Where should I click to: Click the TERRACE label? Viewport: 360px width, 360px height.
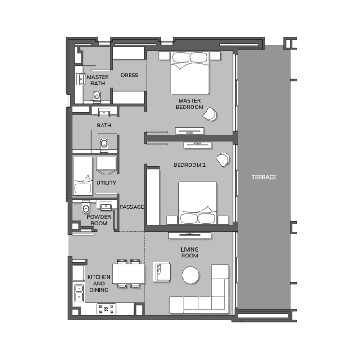(264, 177)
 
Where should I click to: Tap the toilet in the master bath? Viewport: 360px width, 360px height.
(97, 96)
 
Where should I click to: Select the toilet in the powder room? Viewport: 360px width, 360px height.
(85, 208)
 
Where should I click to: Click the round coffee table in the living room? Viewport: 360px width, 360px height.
(190, 275)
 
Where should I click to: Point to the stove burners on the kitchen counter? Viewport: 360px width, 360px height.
(106, 309)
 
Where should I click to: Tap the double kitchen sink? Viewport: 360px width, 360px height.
(79, 293)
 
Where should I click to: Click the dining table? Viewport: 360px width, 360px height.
(129, 274)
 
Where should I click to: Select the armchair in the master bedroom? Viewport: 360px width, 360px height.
(210, 114)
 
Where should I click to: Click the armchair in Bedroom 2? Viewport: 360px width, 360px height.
(223, 159)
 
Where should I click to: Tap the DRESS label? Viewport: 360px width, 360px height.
(130, 75)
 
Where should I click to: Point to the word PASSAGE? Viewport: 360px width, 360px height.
(131, 207)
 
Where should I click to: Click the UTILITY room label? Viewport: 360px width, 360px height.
(106, 183)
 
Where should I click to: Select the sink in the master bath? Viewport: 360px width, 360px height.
(81, 79)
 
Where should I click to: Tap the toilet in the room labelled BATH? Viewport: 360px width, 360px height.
(104, 145)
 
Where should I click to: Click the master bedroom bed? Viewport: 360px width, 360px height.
(189, 72)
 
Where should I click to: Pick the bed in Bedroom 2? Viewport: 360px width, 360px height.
(198, 203)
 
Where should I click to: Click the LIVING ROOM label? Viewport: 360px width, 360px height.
(189, 252)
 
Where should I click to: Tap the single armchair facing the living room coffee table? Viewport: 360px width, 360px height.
(162, 272)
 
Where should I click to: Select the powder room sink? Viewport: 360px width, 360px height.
(106, 206)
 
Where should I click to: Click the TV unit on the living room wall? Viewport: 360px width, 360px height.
(190, 235)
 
